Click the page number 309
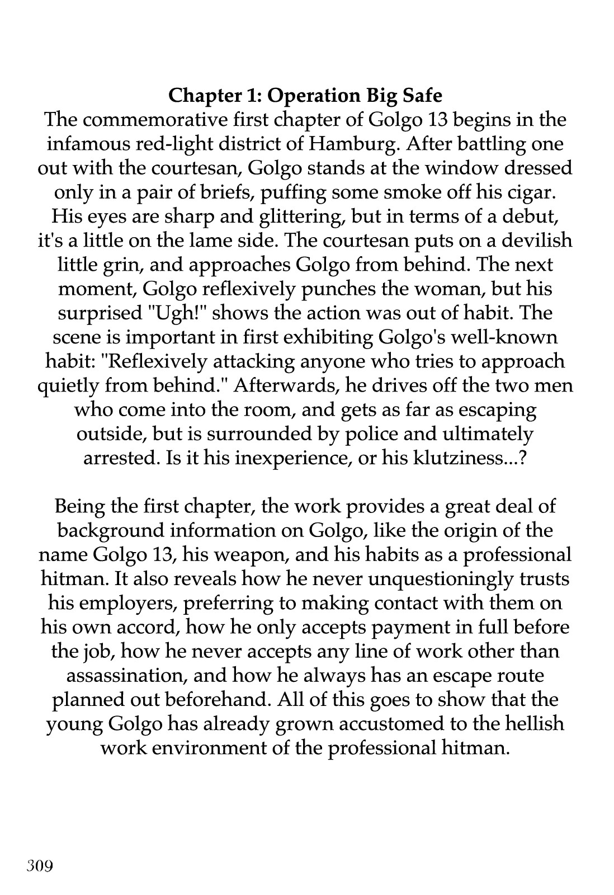(x=39, y=866)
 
